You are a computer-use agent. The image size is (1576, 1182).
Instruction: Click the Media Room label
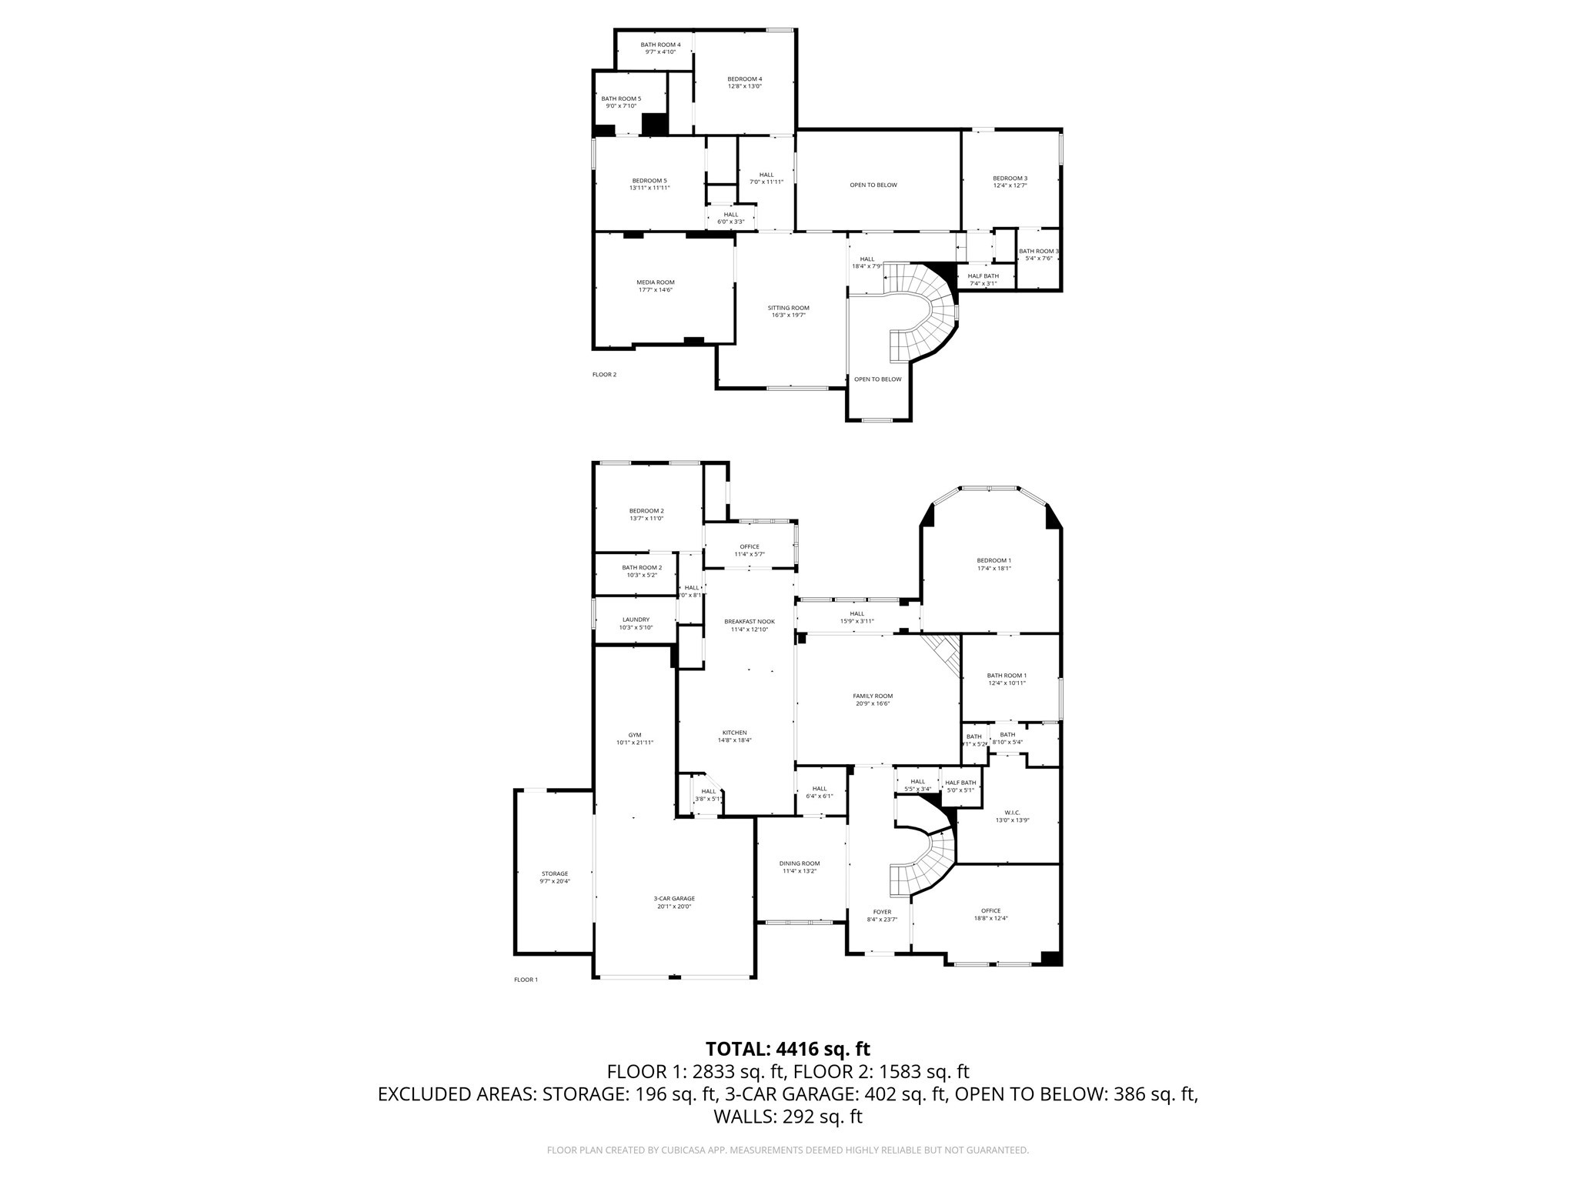(x=655, y=282)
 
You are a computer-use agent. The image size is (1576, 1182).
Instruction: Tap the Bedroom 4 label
(x=744, y=78)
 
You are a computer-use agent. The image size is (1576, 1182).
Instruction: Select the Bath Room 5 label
(x=620, y=98)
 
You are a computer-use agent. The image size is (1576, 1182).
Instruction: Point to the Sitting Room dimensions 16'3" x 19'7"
(x=789, y=315)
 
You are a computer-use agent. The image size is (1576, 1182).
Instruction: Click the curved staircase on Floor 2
(x=927, y=308)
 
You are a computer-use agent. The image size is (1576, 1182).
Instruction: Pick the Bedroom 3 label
(x=1010, y=178)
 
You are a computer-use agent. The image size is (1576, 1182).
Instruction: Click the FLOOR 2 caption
(x=604, y=375)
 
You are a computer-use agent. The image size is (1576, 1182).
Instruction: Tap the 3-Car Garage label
(x=674, y=898)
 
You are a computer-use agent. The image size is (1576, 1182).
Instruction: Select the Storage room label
(x=554, y=873)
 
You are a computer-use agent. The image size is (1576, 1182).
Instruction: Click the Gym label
(x=634, y=735)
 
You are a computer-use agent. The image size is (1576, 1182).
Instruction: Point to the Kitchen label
(x=734, y=733)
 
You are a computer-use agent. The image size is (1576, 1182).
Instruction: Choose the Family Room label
(x=873, y=696)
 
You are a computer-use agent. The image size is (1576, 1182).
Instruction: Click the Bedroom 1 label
(x=993, y=560)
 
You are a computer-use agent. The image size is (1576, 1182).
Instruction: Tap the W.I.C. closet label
(x=1012, y=813)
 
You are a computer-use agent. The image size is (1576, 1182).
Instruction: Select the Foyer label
(x=882, y=912)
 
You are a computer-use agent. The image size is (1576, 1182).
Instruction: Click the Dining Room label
(x=800, y=863)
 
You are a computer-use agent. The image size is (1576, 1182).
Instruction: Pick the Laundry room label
(x=636, y=619)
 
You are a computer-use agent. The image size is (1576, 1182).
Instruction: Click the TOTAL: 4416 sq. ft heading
(x=787, y=1049)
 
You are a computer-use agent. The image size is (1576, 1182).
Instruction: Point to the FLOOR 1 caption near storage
(x=526, y=980)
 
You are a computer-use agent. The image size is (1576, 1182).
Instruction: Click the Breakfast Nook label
(x=749, y=621)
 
